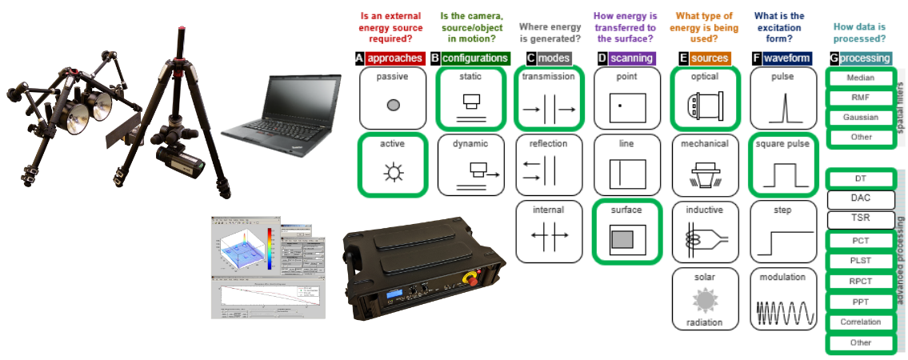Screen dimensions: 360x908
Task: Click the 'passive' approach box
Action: (393, 98)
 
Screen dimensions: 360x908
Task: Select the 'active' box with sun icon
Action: (393, 165)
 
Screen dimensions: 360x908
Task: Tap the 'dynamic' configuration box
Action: (472, 165)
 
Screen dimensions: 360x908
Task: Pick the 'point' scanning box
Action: (626, 98)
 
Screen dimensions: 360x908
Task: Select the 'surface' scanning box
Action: (626, 232)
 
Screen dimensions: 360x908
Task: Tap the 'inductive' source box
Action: (704, 232)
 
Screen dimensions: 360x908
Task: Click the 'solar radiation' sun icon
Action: (704, 300)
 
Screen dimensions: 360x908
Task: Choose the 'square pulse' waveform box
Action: (782, 165)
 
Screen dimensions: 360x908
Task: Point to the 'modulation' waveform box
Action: (782, 300)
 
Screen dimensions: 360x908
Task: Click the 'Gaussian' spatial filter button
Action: (860, 117)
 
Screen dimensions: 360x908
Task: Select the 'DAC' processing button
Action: (860, 198)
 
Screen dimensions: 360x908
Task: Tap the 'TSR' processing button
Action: (860, 218)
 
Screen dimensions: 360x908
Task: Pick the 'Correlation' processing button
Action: (860, 322)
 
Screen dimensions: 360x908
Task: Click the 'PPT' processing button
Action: (860, 302)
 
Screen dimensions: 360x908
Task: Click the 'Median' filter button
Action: (860, 78)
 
